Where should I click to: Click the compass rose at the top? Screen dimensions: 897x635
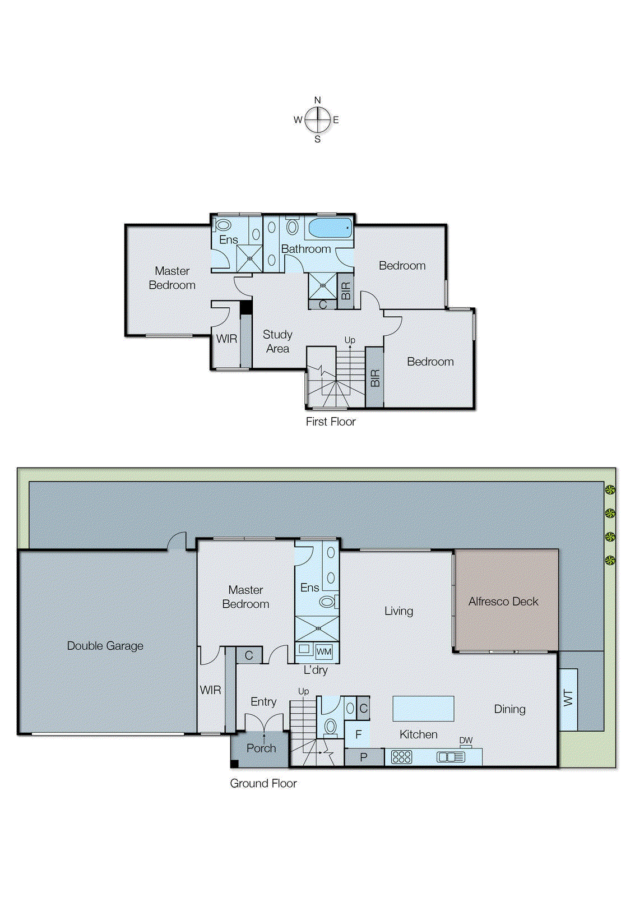click(x=317, y=119)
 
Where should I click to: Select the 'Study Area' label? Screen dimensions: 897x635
click(x=277, y=341)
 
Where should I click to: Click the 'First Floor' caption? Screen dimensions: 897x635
click(x=330, y=422)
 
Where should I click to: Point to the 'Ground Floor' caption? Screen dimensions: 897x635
click(x=263, y=783)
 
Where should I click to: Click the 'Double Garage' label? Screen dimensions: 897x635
click(x=105, y=646)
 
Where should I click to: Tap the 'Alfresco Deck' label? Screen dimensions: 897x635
click(x=503, y=602)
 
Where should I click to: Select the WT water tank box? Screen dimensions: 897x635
click(x=568, y=699)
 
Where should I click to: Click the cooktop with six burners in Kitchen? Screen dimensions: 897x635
click(x=401, y=757)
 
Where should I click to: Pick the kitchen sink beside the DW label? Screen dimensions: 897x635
click(x=451, y=757)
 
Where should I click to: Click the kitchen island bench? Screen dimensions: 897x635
click(x=423, y=708)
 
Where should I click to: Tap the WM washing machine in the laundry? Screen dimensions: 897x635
click(x=324, y=651)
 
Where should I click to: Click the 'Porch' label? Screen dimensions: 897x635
click(x=261, y=748)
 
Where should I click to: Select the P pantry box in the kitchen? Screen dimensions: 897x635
click(x=364, y=757)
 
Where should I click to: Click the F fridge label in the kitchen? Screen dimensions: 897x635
click(x=358, y=734)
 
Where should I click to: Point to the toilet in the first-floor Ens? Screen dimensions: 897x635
click(x=223, y=225)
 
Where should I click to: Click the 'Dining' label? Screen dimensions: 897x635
click(x=509, y=709)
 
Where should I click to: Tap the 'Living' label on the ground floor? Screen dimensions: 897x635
click(x=398, y=611)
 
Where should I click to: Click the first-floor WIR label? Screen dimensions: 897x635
click(x=226, y=339)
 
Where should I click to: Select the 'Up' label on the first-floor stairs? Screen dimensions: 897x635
click(x=349, y=340)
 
